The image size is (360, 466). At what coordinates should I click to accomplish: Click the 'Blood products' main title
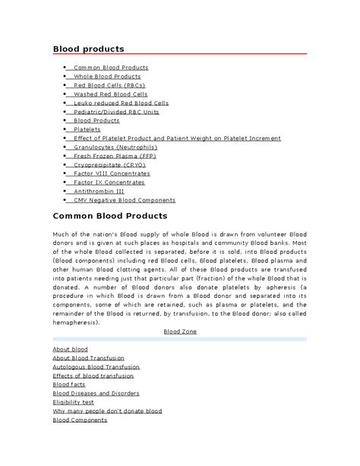[x=87, y=49]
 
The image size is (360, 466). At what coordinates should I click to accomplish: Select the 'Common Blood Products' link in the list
[x=111, y=68]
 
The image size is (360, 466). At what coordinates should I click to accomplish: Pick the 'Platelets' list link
[x=87, y=130]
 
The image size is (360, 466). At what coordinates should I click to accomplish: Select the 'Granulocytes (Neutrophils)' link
[x=115, y=147]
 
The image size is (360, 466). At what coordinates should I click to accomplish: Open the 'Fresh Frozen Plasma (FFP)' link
[x=115, y=156]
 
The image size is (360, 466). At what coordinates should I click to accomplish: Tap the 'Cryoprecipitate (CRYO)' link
[x=109, y=165]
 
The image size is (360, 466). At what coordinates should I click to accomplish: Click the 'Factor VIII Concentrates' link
[x=112, y=173]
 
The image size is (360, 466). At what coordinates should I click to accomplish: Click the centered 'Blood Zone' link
[x=179, y=332]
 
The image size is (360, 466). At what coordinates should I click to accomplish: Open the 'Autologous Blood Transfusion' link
[x=96, y=366]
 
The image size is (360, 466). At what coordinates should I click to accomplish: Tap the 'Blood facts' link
[x=69, y=385]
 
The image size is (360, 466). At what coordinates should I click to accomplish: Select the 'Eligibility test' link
[x=74, y=402]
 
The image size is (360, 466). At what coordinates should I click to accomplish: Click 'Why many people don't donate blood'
[x=107, y=411]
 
